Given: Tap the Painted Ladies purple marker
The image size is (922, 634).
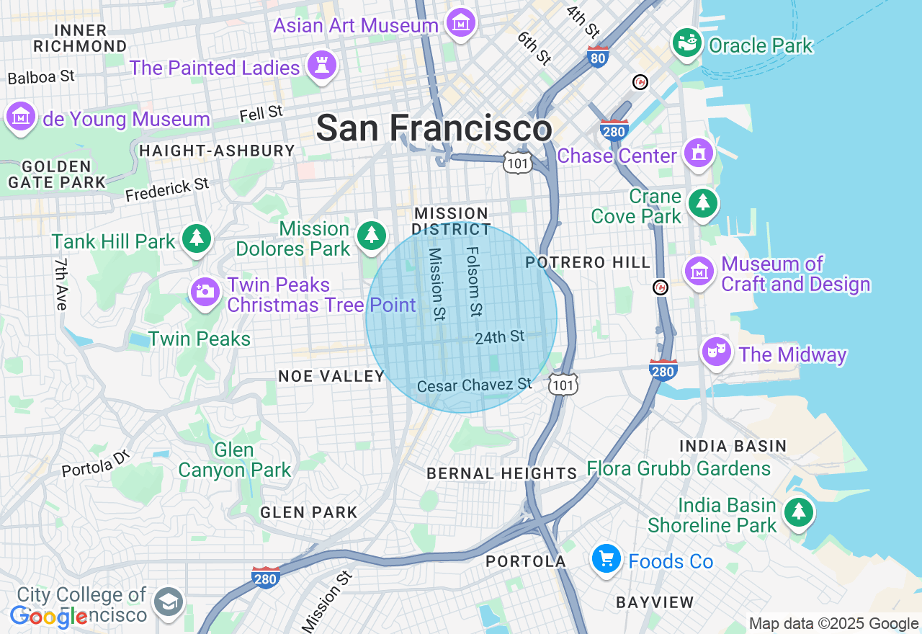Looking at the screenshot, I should tap(321, 66).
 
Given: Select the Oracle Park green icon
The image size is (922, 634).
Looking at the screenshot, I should tap(687, 43).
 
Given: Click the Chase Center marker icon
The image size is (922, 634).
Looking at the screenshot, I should tap(699, 153).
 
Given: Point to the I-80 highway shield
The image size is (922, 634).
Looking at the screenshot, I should tap(598, 58).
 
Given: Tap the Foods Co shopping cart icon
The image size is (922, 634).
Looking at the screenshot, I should tap(607, 558).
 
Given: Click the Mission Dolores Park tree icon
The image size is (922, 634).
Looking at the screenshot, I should tap(372, 235).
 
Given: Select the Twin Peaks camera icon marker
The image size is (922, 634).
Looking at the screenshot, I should tap(205, 292).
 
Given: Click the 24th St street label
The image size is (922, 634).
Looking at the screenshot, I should tap(500, 336).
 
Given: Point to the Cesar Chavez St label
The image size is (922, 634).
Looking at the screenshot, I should tap(474, 385).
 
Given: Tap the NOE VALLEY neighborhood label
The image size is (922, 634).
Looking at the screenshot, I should tap(331, 376).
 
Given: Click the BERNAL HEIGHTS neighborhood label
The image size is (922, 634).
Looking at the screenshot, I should tap(501, 473).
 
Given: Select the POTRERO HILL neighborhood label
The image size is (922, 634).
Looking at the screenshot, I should tap(588, 263).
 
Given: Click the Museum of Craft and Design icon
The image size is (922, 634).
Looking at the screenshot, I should tap(699, 272).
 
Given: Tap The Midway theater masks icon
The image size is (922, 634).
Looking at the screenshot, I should tap(717, 352).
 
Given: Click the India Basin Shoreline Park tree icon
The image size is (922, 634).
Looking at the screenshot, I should tap(798, 512).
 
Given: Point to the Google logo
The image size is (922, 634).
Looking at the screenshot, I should tap(48, 617).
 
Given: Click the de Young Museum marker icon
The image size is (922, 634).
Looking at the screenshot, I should tap(21, 116).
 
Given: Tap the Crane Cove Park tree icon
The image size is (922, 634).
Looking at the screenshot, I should tap(703, 203).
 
